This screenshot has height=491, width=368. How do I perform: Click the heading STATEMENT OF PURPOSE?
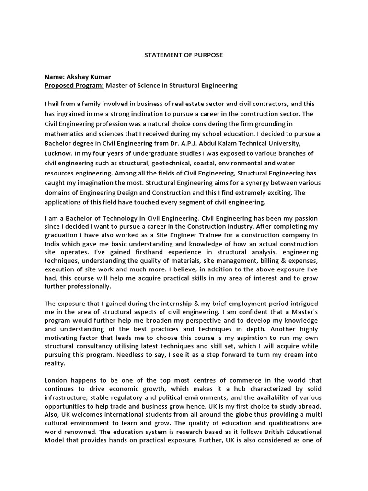click(x=184, y=55)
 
